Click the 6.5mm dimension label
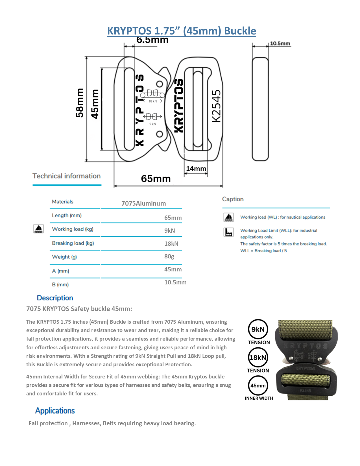click(152, 40)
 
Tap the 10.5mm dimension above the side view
click(280, 43)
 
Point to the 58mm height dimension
click(80, 103)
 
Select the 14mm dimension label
click(196, 169)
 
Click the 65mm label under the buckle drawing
click(156, 179)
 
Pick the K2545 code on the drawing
click(216, 106)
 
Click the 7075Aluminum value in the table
click(143, 203)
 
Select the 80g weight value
click(169, 256)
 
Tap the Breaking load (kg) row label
click(73, 243)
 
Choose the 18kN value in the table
click(171, 243)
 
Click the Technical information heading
click(66, 176)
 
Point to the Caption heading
click(233, 199)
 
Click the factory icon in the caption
click(228, 232)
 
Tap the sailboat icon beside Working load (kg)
click(38, 228)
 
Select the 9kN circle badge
click(258, 329)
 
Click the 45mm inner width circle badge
click(258, 386)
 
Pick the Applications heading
click(55, 411)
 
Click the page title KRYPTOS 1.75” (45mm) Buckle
click(182, 31)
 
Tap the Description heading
click(55, 298)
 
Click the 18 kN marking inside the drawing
click(153, 101)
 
